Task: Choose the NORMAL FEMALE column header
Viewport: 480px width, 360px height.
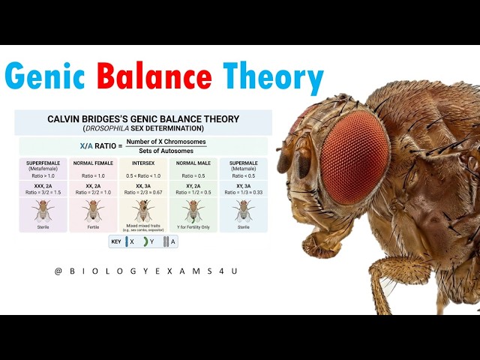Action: point(93,163)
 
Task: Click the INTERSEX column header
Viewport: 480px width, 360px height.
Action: point(143,163)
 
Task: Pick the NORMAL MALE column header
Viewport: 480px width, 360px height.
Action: point(193,163)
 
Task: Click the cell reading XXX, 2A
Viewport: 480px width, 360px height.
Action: point(43,186)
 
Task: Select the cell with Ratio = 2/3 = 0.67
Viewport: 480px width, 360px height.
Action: point(143,192)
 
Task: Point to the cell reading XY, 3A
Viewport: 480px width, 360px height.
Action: point(243,186)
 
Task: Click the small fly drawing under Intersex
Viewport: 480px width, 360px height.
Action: point(143,210)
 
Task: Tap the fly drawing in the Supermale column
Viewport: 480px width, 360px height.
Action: point(243,210)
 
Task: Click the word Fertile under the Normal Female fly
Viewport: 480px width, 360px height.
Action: point(93,226)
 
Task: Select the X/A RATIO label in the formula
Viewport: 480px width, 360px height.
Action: point(97,146)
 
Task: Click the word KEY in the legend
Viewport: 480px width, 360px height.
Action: point(116,241)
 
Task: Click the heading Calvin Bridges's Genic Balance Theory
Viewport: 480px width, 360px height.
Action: point(143,118)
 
